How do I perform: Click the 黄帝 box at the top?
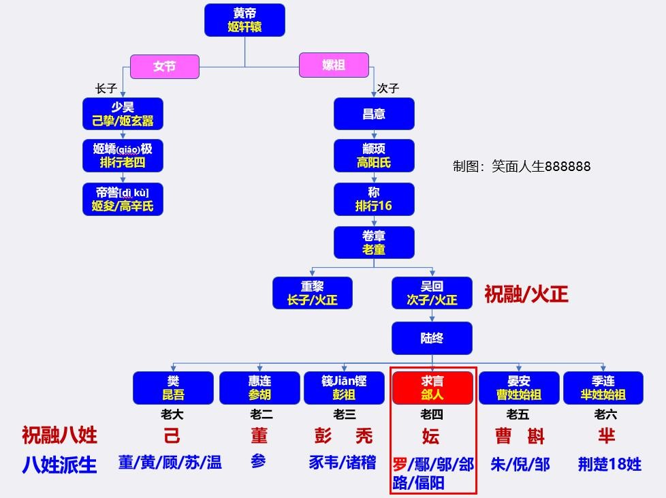tap(244, 20)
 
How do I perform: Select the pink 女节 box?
tap(165, 67)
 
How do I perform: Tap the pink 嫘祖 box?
tap(334, 65)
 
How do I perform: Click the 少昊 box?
tap(123, 114)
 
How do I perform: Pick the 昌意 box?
tap(374, 114)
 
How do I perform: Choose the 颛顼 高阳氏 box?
tap(374, 155)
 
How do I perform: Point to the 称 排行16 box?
tap(374, 199)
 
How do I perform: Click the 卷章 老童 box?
tap(374, 243)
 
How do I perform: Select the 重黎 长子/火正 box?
tap(312, 293)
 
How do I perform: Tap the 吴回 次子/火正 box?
tap(432, 293)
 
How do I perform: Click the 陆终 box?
tap(432, 338)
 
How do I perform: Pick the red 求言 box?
tap(432, 388)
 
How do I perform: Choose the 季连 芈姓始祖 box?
tap(603, 388)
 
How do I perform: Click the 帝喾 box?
tap(123, 199)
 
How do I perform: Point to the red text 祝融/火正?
tap(526, 294)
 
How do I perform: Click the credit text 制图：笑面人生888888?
tap(522, 166)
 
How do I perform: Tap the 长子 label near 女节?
tap(106, 89)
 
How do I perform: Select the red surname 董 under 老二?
tap(259, 436)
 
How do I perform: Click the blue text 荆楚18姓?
tap(609, 465)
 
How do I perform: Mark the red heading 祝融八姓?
tap(59, 435)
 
